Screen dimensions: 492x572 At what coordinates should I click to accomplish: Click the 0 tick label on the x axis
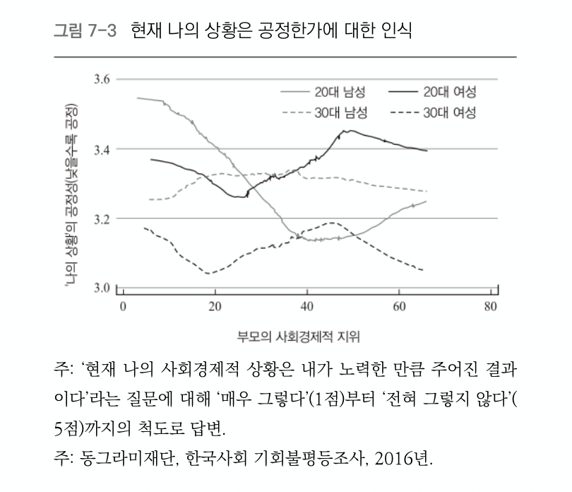(x=122, y=306)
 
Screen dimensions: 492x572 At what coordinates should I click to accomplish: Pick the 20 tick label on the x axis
(x=215, y=306)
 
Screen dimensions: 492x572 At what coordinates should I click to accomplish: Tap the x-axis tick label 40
(x=306, y=306)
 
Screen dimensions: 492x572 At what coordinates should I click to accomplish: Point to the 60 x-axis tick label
(x=399, y=306)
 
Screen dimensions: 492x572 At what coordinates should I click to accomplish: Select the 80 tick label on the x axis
(x=491, y=306)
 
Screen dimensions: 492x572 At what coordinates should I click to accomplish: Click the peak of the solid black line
(x=347, y=131)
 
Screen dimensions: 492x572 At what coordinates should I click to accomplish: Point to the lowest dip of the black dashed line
(x=209, y=273)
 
